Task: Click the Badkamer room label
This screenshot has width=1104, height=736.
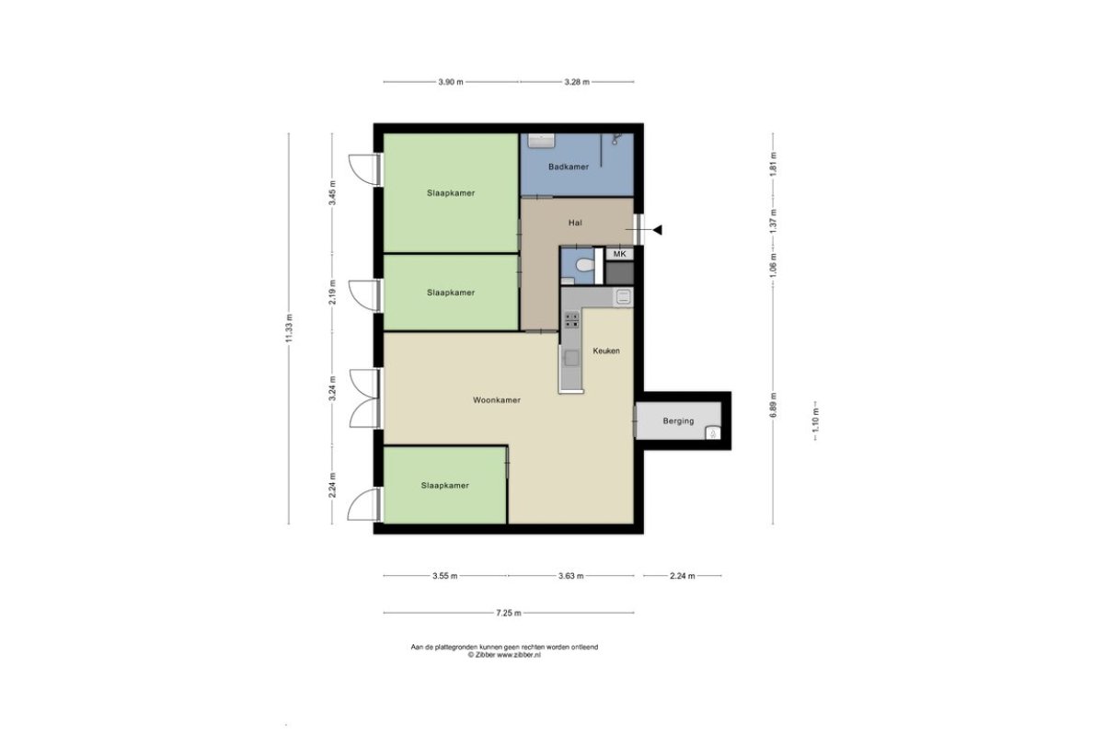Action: pyautogui.click(x=569, y=167)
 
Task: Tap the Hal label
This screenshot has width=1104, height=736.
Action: pyautogui.click(x=575, y=223)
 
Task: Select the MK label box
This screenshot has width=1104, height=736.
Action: pyautogui.click(x=619, y=254)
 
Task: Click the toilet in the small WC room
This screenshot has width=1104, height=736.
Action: pyautogui.click(x=585, y=266)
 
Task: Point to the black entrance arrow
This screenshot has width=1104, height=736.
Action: pyautogui.click(x=657, y=230)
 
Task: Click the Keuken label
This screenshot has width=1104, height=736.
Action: pyautogui.click(x=606, y=351)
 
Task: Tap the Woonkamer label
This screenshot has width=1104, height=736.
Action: pyautogui.click(x=496, y=400)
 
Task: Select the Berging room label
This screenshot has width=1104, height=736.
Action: pyautogui.click(x=678, y=421)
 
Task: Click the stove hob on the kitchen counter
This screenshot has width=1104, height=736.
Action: pyautogui.click(x=571, y=320)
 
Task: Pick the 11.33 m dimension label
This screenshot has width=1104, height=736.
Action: pyautogui.click(x=289, y=328)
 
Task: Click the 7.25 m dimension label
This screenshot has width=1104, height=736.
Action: pyautogui.click(x=509, y=613)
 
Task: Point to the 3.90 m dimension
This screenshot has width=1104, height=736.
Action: pyautogui.click(x=451, y=82)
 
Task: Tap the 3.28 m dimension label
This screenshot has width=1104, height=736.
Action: pyautogui.click(x=577, y=82)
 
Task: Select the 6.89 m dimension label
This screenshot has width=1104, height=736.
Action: pyautogui.click(x=773, y=405)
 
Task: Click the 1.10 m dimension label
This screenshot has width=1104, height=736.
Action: pyautogui.click(x=815, y=421)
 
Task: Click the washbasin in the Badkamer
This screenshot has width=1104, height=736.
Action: pyautogui.click(x=542, y=140)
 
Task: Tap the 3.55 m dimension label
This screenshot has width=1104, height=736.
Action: pyautogui.click(x=445, y=575)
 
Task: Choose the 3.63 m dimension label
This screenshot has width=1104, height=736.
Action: pyautogui.click(x=570, y=575)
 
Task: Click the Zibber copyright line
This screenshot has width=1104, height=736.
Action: pyautogui.click(x=504, y=655)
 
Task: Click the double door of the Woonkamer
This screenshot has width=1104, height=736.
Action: pyautogui.click(x=364, y=398)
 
